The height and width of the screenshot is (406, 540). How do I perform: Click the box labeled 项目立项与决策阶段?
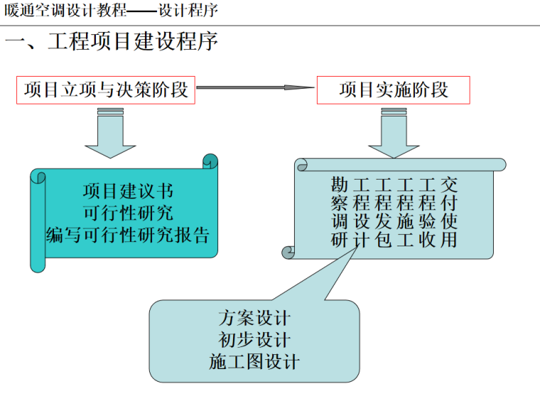pyautogui.click(x=106, y=89)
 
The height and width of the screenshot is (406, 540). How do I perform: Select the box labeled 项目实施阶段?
pyautogui.click(x=394, y=89)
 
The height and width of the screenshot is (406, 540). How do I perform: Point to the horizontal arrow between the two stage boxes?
pyautogui.click(x=255, y=88)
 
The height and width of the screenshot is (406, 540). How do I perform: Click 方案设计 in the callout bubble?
pyautogui.click(x=254, y=319)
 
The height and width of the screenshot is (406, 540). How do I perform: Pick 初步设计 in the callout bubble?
pyautogui.click(x=254, y=340)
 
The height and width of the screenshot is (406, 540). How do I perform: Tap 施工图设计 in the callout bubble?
pyautogui.click(x=254, y=361)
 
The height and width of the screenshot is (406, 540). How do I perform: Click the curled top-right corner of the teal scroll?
pyautogui.click(x=210, y=161)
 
